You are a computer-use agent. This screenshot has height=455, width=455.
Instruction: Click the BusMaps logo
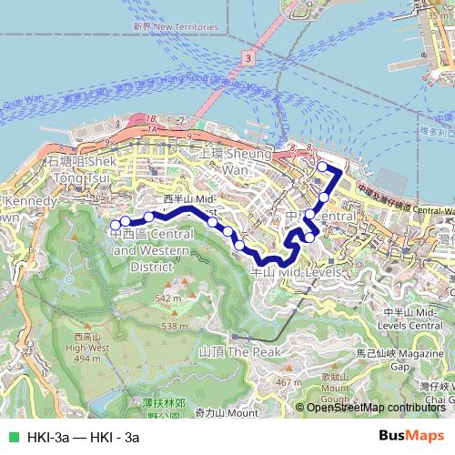[416, 437]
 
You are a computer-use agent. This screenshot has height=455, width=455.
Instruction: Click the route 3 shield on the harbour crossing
[248, 57]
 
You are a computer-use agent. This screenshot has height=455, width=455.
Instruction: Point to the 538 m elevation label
[174, 326]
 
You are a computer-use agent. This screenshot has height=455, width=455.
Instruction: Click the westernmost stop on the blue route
[116, 224]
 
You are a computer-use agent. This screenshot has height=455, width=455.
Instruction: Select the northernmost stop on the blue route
[321, 167]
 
